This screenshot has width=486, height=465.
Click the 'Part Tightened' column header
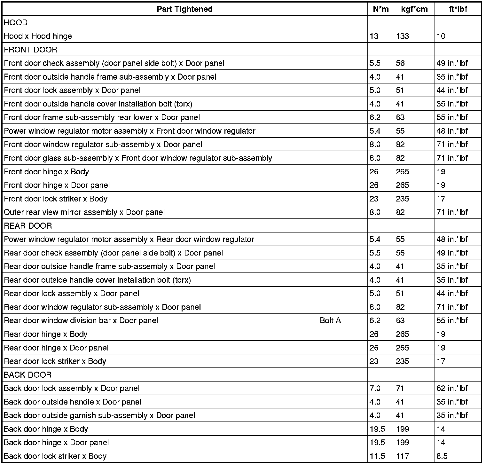tap(184, 9)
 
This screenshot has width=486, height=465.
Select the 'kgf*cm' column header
tap(414, 9)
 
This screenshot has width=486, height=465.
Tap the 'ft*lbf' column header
tap(458, 9)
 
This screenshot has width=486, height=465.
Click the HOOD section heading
tap(16, 23)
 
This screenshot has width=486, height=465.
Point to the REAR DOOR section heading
tap(28, 226)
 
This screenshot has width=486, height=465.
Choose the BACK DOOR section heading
tap(27, 375)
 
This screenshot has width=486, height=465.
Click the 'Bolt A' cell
tap(330, 320)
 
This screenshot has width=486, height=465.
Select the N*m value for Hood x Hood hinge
tap(374, 36)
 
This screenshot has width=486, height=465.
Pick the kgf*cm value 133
tap(402, 36)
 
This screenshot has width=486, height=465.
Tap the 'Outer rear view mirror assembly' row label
tap(84, 212)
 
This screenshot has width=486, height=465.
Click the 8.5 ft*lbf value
tap(442, 456)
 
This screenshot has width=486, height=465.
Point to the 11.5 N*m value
tap(377, 456)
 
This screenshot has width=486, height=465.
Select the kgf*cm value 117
tap(402, 456)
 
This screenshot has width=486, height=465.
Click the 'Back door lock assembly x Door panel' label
tap(72, 388)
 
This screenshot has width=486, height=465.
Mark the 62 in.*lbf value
tap(452, 388)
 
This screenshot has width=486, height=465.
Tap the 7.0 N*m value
tap(375, 388)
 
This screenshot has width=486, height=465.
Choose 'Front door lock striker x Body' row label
tap(56, 199)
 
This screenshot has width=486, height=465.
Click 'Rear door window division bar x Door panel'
tap(81, 320)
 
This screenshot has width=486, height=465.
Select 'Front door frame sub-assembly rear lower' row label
tap(102, 117)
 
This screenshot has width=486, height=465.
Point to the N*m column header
tap(381, 9)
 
